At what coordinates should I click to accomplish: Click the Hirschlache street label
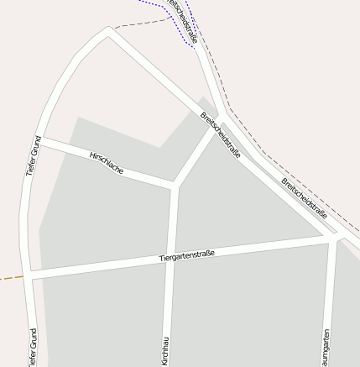click(x=107, y=163)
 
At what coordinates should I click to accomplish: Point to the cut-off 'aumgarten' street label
click(x=325, y=346)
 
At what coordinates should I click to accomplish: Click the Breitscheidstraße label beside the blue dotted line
click(x=183, y=20)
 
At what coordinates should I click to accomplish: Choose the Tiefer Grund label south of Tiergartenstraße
click(x=34, y=349)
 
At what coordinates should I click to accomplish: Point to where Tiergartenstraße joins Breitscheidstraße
click(x=334, y=239)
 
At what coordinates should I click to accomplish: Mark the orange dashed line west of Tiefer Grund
click(x=10, y=277)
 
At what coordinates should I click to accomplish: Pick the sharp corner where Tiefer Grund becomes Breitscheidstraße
click(x=108, y=32)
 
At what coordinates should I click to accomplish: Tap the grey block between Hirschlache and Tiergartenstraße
click(x=101, y=218)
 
